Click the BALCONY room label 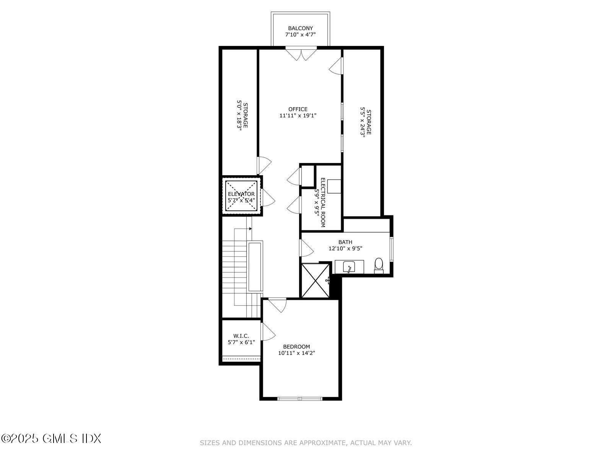300,28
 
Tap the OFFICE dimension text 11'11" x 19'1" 298,115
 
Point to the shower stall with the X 315,280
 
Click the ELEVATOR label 241,194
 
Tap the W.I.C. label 241,336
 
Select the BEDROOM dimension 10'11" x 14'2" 296,353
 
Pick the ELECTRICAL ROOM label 322,203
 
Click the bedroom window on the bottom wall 300,399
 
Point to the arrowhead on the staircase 250,229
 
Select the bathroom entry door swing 306,248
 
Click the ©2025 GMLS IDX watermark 51,438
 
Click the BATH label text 345,242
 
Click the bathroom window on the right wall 391,249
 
